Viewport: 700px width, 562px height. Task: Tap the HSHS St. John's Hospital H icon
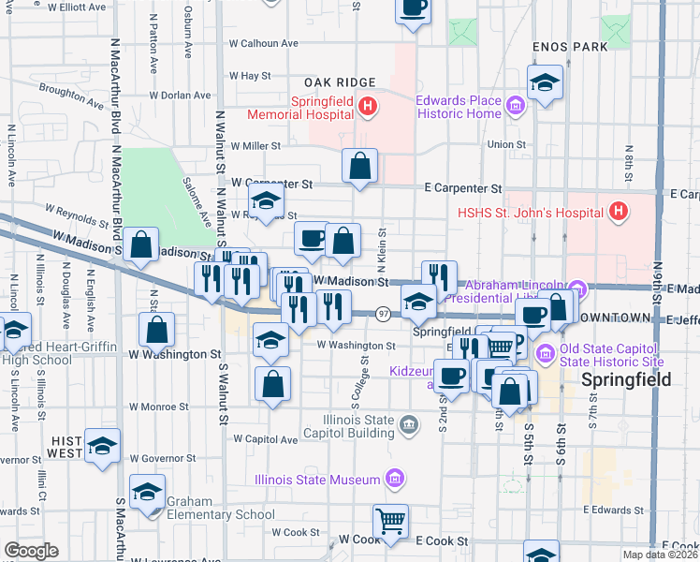pyautogui.click(x=618, y=213)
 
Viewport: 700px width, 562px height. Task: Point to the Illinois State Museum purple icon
pyautogui.click(x=395, y=480)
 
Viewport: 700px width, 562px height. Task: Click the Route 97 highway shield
pyautogui.click(x=383, y=312)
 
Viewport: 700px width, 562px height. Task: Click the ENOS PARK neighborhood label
pyautogui.click(x=569, y=46)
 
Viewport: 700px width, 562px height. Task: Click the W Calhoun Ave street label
pyautogui.click(x=264, y=43)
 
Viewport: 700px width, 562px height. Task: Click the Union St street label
pyautogui.click(x=506, y=144)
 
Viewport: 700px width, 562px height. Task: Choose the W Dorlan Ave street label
pyautogui.click(x=180, y=95)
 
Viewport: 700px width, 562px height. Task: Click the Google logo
pyautogui.click(x=32, y=551)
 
